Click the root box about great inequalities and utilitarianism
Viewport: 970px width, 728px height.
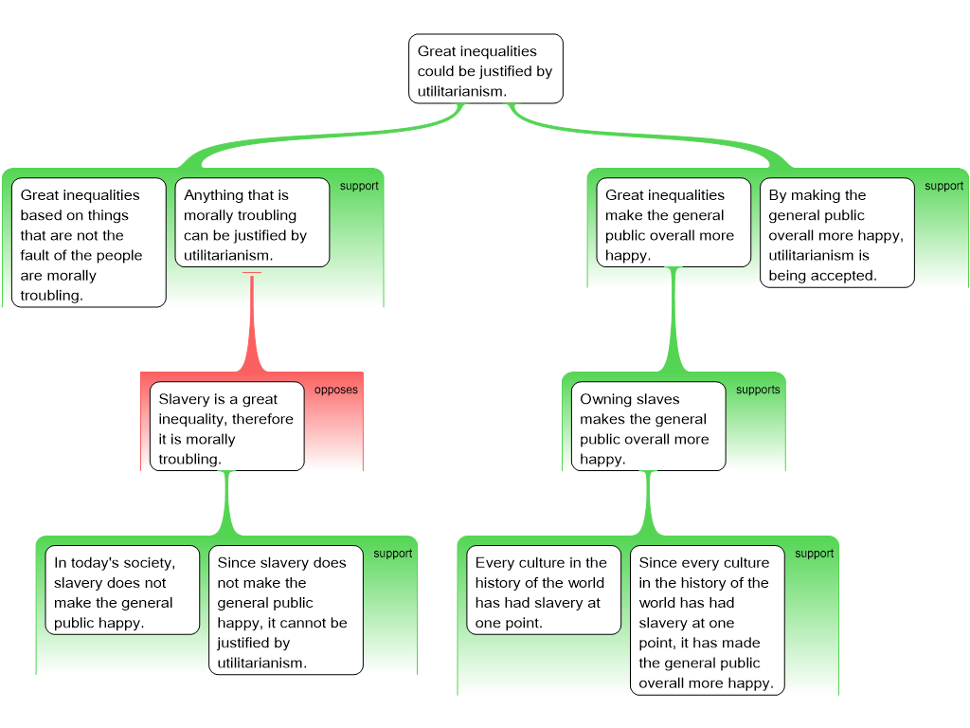pyautogui.click(x=486, y=68)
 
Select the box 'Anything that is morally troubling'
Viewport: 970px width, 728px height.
pyautogui.click(x=252, y=223)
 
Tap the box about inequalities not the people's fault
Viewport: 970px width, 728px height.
pyautogui.click(x=89, y=243)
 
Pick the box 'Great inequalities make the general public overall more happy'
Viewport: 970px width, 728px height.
pyautogui.click(x=674, y=223)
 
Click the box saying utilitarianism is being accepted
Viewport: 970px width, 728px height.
pyautogui.click(x=837, y=233)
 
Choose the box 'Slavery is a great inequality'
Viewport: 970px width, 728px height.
pyautogui.click(x=227, y=427)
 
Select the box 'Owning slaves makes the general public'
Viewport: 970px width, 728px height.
pyautogui.click(x=648, y=427)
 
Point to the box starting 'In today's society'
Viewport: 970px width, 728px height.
pyautogui.click(x=122, y=590)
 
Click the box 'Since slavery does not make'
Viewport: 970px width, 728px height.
pyautogui.click(x=286, y=610)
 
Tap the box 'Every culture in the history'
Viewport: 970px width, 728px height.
pyautogui.click(x=544, y=590)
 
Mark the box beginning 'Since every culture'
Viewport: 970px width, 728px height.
pyautogui.click(x=707, y=620)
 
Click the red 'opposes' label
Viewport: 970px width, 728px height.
pyautogui.click(x=336, y=390)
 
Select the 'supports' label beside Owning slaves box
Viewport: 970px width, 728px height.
pyautogui.click(x=758, y=390)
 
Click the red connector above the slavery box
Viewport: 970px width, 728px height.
pyautogui.click(x=252, y=322)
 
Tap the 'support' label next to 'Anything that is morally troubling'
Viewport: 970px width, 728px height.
pyautogui.click(x=359, y=187)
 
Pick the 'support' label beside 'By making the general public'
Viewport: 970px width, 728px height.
pyautogui.click(x=944, y=187)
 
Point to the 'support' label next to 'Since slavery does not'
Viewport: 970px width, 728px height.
pyautogui.click(x=392, y=554)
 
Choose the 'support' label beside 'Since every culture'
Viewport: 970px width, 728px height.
pyautogui.click(x=814, y=554)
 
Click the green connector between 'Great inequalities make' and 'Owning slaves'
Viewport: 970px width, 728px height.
pyautogui.click(x=674, y=319)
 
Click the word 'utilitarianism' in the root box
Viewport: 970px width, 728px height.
pyautogui.click(x=461, y=92)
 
